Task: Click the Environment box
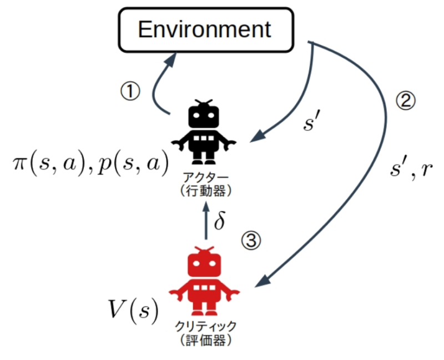[205, 29]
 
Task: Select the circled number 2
[405, 101]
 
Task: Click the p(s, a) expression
[134, 165]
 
